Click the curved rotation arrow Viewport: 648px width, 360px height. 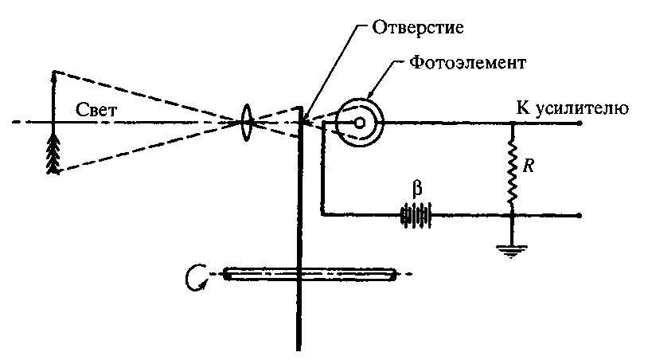[193, 276]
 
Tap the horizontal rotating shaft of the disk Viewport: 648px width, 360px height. [310, 275]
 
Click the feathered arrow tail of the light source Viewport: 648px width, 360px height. [53, 151]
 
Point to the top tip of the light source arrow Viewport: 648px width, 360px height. [53, 72]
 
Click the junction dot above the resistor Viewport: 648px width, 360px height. [511, 123]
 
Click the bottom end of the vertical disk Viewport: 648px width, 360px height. [299, 347]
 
